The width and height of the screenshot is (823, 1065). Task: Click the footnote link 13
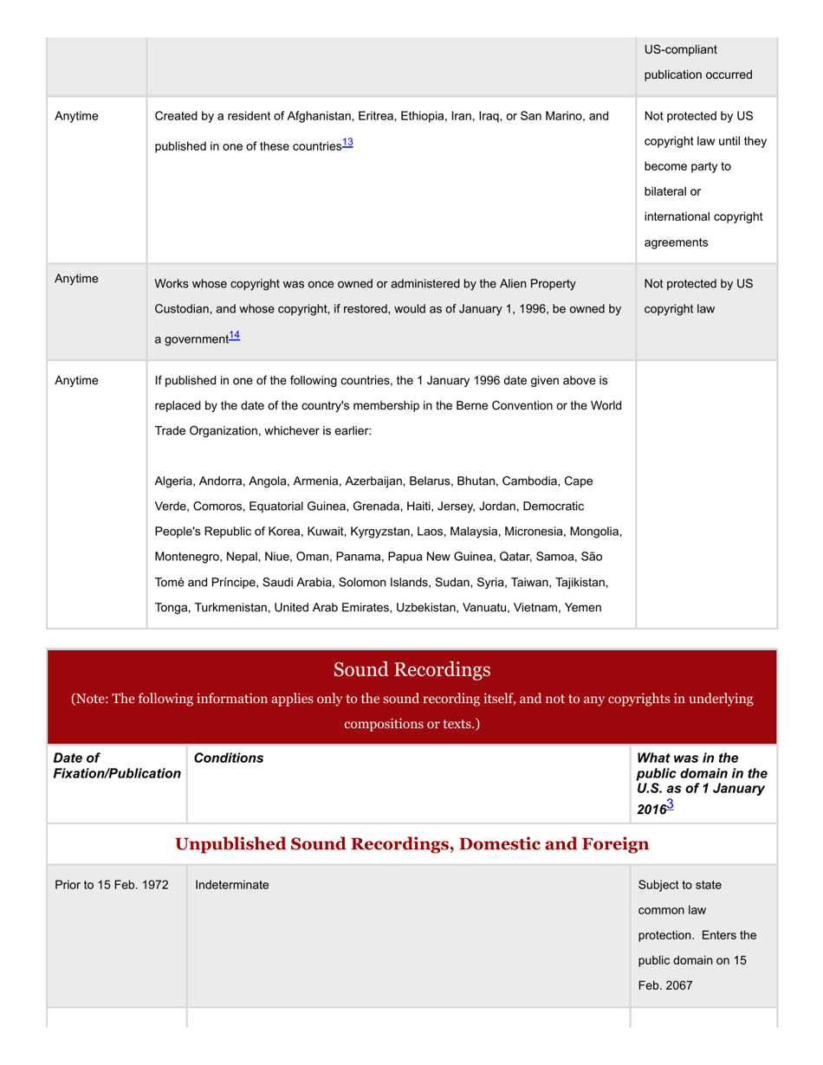click(347, 143)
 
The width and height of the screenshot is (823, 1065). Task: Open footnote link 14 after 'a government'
click(233, 335)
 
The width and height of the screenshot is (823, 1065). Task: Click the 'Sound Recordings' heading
click(411, 669)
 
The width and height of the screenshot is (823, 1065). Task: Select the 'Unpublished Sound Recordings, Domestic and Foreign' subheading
click(411, 843)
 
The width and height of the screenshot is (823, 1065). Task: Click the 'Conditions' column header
click(229, 758)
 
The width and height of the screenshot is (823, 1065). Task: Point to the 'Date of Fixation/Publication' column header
click(111, 765)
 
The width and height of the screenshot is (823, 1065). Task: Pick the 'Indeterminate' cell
click(231, 885)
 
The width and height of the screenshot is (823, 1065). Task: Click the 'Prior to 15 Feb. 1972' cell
click(111, 885)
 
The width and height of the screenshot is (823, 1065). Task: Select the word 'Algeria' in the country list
click(174, 481)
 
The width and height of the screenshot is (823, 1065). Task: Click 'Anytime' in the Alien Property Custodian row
click(76, 280)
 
